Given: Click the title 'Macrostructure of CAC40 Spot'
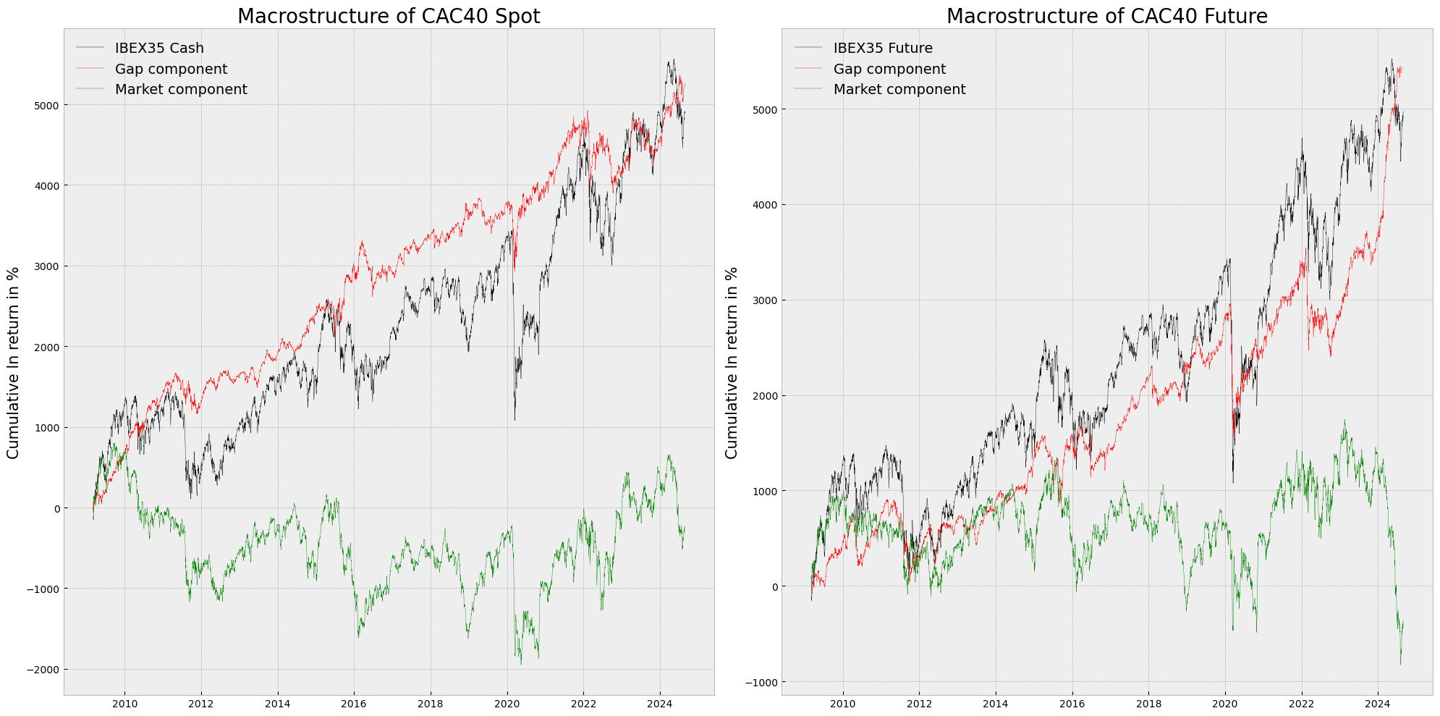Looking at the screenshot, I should pos(389,16).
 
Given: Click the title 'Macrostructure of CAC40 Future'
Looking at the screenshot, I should pos(1107,16).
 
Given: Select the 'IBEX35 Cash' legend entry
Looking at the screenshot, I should pos(159,49).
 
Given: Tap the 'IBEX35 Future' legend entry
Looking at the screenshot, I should pos(883,49).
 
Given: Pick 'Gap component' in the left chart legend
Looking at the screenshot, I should pos(171,70).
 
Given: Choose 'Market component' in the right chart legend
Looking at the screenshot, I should pos(899,90).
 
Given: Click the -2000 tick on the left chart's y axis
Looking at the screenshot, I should pos(42,669).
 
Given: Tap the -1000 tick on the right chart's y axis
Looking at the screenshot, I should pos(761,682).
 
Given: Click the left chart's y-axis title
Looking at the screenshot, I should pos(14,362).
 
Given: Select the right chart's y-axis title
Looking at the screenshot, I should pos(732,362).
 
